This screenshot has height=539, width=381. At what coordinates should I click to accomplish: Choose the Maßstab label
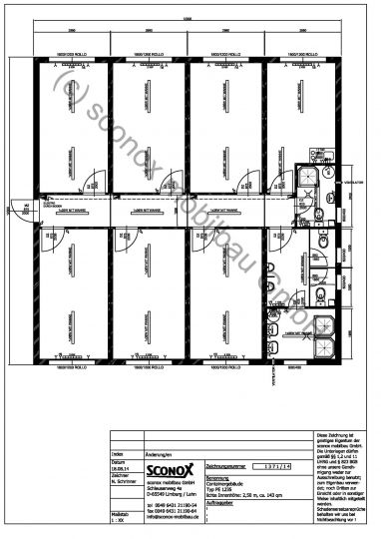(120, 514)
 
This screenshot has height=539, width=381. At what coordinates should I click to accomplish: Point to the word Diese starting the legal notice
(322, 437)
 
